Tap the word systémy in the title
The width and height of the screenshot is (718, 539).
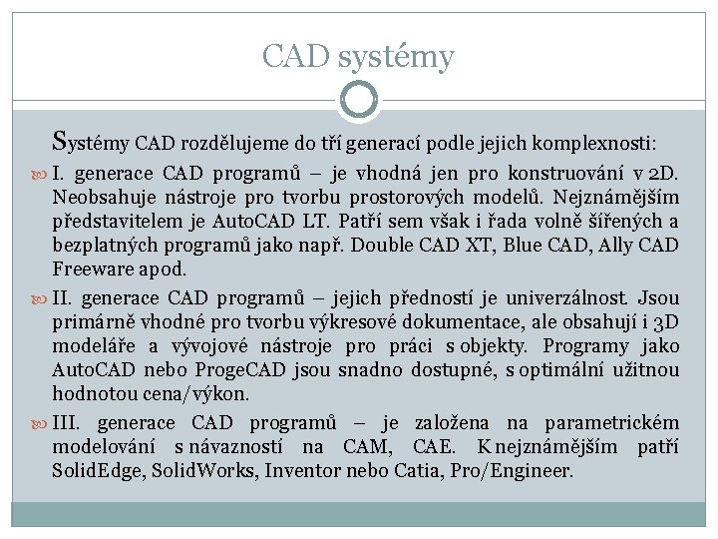pos(396,58)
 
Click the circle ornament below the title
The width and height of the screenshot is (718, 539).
pos(359,99)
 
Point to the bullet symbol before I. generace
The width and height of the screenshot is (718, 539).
pos(39,174)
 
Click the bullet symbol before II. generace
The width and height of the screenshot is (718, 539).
pos(39,298)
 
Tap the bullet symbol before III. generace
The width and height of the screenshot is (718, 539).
pos(39,423)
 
